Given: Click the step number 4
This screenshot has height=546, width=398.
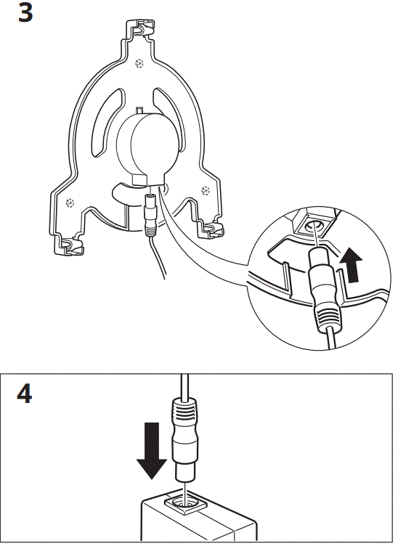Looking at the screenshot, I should pos(25,395).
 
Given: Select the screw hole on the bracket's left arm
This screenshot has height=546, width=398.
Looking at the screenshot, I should pos(70,201).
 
